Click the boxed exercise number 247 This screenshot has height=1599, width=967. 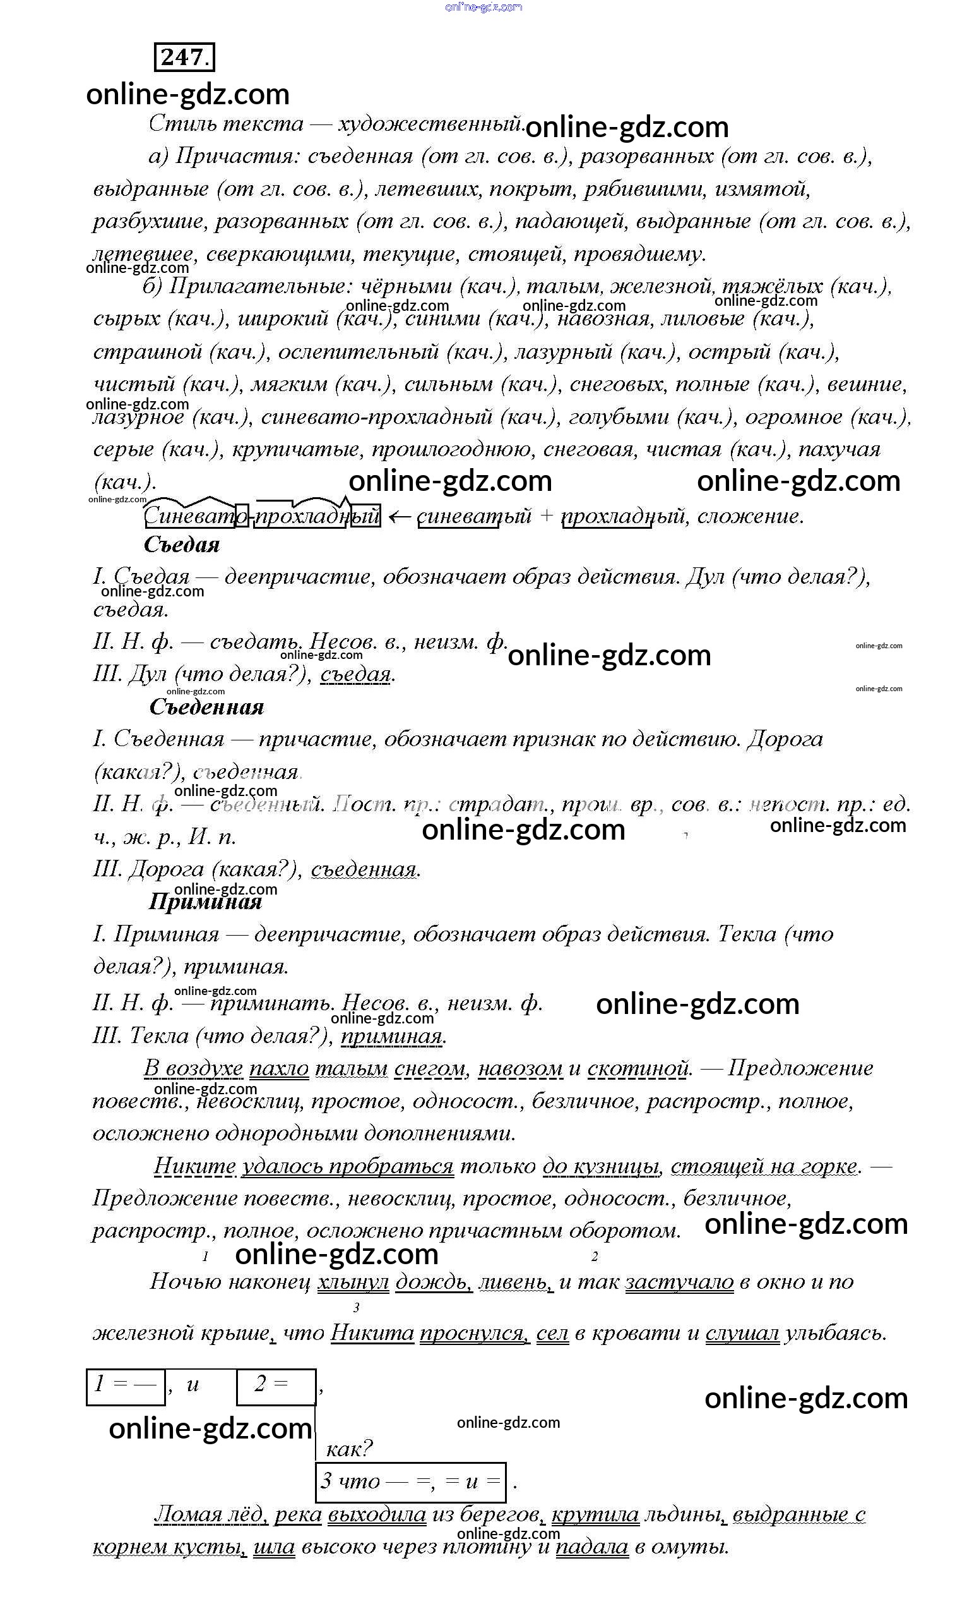184,57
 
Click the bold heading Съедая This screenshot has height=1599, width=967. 182,545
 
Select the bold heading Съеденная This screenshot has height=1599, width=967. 207,707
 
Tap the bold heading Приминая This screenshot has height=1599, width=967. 206,902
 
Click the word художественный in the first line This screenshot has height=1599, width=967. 430,123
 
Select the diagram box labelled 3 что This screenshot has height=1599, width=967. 410,1481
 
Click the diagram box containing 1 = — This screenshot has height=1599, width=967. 126,1384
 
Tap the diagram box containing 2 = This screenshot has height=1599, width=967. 276,1384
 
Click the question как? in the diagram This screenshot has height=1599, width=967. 349,1448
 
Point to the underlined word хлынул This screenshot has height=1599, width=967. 353,1282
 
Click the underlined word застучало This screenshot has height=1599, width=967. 679,1282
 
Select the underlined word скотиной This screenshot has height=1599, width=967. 638,1068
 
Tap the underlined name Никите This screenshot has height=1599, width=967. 194,1166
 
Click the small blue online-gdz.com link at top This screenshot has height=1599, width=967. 483,7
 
